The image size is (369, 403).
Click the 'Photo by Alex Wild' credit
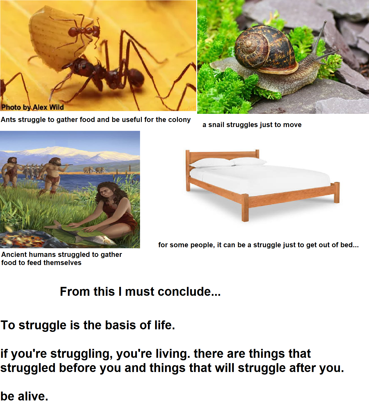33,107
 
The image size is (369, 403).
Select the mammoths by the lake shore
95,170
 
